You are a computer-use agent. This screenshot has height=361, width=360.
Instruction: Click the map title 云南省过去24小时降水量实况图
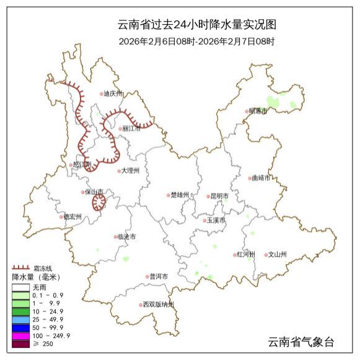196,25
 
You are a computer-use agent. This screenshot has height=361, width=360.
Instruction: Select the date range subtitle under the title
196,42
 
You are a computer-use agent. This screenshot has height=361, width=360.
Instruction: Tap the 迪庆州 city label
113,94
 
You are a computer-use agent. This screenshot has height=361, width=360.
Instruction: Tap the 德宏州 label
72,217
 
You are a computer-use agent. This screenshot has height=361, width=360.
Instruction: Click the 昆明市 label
219,196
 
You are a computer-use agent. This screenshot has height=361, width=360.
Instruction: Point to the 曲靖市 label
260,177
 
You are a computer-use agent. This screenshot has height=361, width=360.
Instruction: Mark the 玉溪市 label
216,220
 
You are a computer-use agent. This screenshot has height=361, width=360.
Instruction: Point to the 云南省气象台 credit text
301,342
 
